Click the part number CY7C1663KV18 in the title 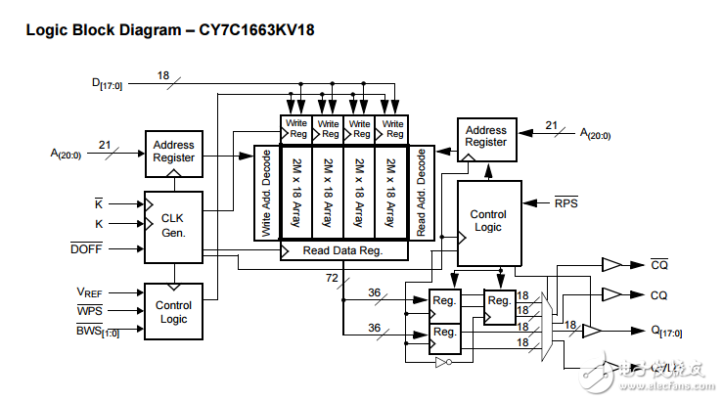pyautogui.click(x=256, y=29)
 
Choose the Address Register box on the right pyautogui.click(x=485, y=136)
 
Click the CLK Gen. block pyautogui.click(x=173, y=226)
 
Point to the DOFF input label pyautogui.click(x=86, y=249)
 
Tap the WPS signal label pyautogui.click(x=90, y=310)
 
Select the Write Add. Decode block pyautogui.click(x=266, y=194)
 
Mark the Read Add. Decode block pyautogui.click(x=422, y=194)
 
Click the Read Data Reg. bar pyautogui.click(x=342, y=250)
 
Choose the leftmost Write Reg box pyautogui.click(x=295, y=129)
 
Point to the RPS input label pyautogui.click(x=565, y=203)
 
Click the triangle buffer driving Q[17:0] pyautogui.click(x=592, y=332)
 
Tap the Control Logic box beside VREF pyautogui.click(x=173, y=312)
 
